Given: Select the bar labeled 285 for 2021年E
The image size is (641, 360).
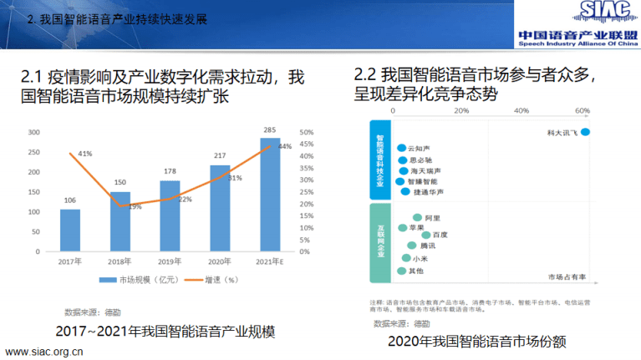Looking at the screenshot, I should click(269, 195).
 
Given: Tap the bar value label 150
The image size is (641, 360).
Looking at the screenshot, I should click(120, 182).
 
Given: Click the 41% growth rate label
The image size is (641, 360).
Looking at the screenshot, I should click(84, 154).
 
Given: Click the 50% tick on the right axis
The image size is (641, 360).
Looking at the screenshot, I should click(306, 133).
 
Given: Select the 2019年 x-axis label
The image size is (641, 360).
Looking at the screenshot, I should click(170, 261).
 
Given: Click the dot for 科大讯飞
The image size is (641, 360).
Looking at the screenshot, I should click(585, 132).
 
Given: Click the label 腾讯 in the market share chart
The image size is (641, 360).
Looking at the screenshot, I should click(427, 246).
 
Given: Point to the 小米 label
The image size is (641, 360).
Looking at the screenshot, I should click(420, 259).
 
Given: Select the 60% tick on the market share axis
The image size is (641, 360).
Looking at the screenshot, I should click(582, 110).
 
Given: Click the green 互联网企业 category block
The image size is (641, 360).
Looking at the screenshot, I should click(379, 242).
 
